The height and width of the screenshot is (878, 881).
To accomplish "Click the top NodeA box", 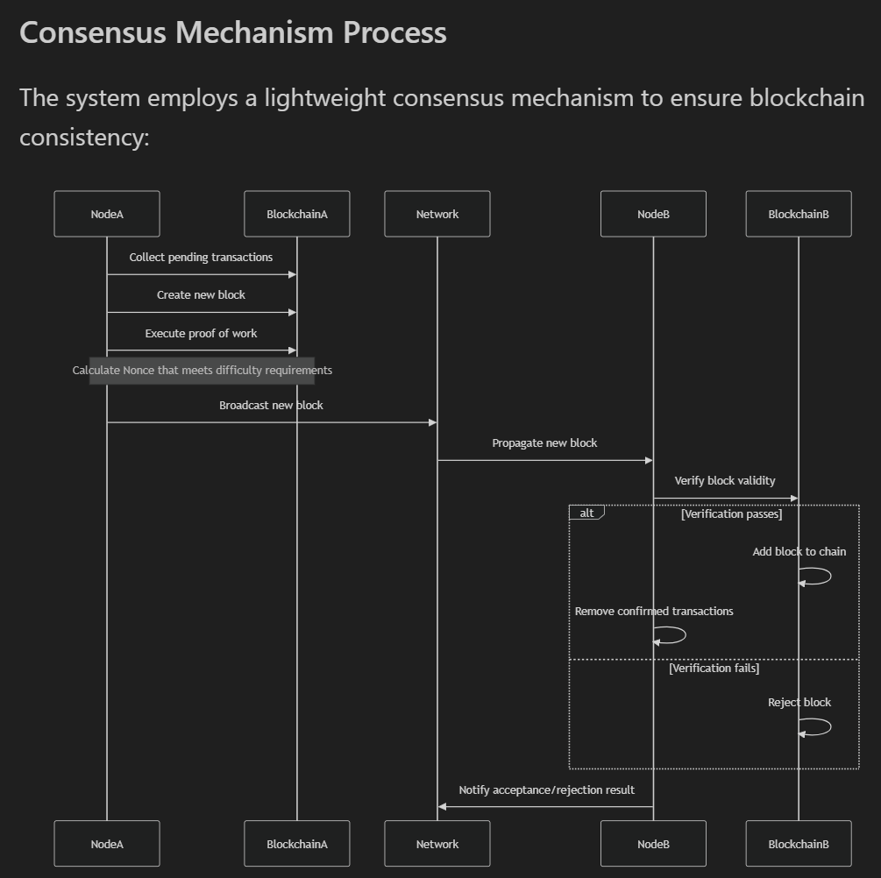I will [107, 214].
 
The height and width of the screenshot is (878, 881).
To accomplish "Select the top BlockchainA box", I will [297, 214].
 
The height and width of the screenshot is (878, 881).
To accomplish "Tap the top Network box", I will [437, 214].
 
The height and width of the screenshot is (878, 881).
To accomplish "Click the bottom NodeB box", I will [653, 844].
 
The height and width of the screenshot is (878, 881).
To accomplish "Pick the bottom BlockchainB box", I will [799, 844].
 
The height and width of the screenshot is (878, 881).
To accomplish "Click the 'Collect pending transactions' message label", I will [201, 258].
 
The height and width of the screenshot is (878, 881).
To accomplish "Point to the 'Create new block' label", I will [201, 295].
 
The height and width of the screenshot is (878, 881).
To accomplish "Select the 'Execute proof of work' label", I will [201, 334].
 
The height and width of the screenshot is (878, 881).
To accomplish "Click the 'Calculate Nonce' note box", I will [202, 371].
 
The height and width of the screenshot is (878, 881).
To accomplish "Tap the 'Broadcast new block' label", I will [271, 406].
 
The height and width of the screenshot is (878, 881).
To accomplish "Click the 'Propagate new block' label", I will [544, 443].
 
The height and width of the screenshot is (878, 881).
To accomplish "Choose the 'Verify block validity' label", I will [725, 481].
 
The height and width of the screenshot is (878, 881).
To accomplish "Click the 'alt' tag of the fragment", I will [586, 513].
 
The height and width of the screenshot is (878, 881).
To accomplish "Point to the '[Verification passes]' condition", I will [731, 514].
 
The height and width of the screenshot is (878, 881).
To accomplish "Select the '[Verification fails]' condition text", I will [714, 669].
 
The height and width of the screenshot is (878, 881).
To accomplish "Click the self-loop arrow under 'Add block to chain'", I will [817, 577].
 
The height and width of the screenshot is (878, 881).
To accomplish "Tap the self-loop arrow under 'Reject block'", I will [817, 727].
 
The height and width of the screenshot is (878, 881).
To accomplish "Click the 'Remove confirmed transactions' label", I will [654, 612].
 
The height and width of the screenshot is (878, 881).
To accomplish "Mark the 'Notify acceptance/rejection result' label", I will [546, 790].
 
